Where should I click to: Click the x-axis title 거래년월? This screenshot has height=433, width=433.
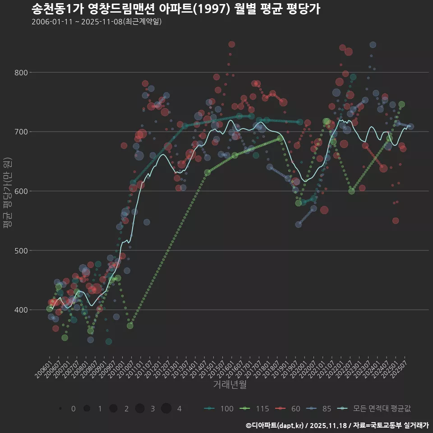tap(230, 385)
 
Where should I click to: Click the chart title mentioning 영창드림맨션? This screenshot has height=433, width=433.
tap(176, 9)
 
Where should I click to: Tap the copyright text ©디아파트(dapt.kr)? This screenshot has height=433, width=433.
tap(337, 425)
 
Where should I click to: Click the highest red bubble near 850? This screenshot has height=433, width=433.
tap(231, 44)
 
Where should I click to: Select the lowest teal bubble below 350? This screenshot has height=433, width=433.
tap(109, 341)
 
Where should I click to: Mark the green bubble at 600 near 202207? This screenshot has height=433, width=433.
tap(351, 191)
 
